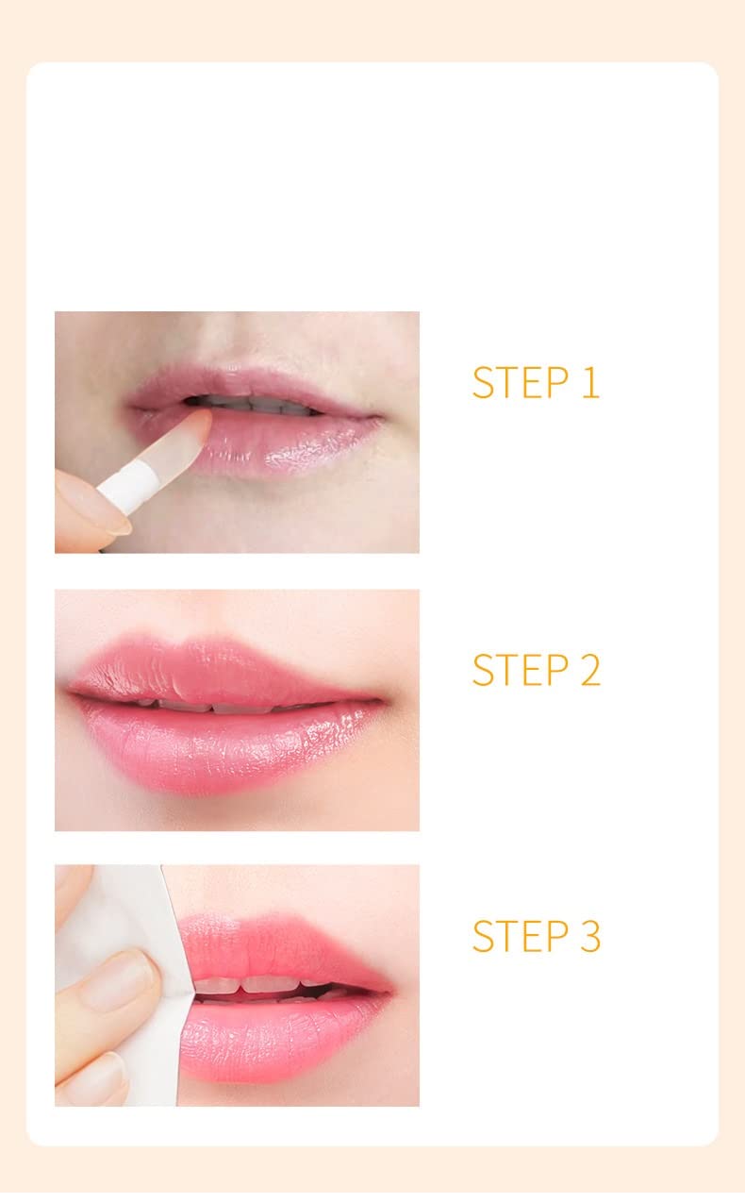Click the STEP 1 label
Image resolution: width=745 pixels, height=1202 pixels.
pyautogui.click(x=535, y=382)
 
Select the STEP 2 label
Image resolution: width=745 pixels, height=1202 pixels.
pyautogui.click(x=535, y=669)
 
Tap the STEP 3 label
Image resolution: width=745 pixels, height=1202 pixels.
pyautogui.click(x=535, y=935)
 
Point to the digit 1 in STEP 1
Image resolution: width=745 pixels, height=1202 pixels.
pyautogui.click(x=589, y=382)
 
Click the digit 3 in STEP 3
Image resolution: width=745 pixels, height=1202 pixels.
pyautogui.click(x=588, y=935)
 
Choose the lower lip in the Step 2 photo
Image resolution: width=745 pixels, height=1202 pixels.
pyautogui.click(x=236, y=745)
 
